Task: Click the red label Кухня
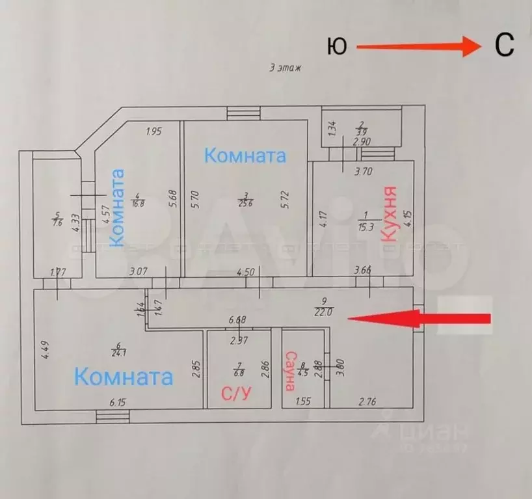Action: (x=390, y=214)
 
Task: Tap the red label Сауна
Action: (x=291, y=371)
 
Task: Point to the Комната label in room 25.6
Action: (x=245, y=156)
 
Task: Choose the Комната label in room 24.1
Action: (x=124, y=377)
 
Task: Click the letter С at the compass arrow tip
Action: (x=505, y=45)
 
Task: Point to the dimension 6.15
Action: (x=118, y=403)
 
